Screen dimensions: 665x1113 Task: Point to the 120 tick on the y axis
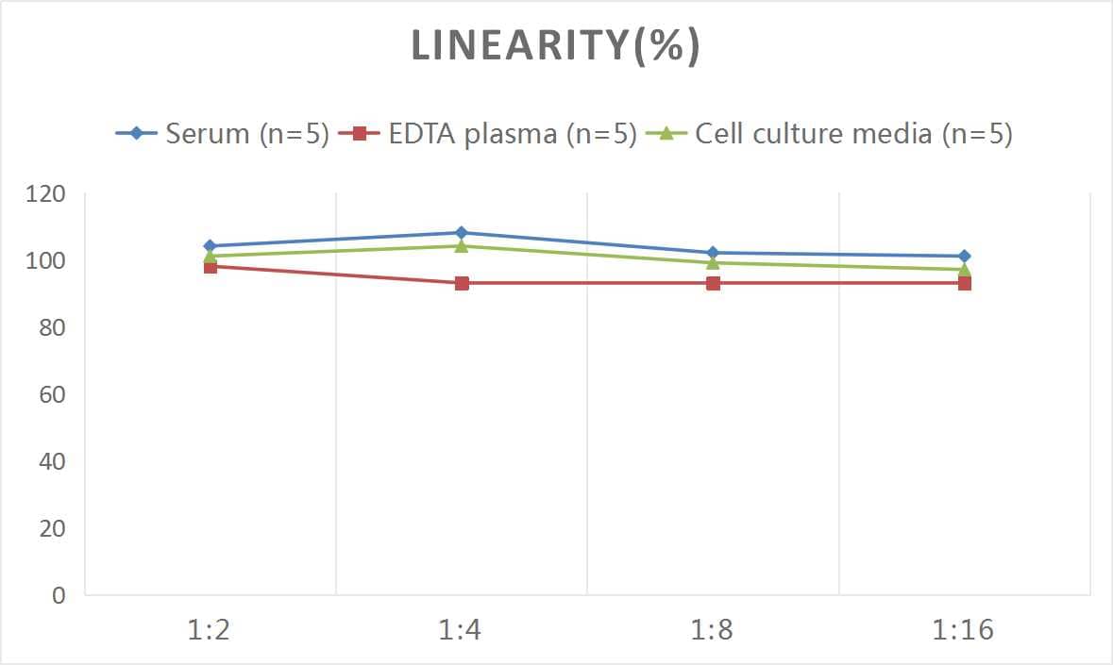coord(46,194)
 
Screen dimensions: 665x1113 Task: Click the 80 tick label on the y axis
coord(52,327)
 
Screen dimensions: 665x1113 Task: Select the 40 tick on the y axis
coord(52,461)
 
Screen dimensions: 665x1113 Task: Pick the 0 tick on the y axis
coord(59,595)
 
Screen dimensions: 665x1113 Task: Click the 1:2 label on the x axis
coord(210,630)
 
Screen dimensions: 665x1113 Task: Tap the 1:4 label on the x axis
coord(461,630)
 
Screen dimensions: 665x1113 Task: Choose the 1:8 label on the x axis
coord(713,630)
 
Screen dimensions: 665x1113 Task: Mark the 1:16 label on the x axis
coord(964,630)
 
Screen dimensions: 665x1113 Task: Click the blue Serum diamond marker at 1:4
coord(462,232)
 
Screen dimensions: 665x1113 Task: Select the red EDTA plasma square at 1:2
coord(211,267)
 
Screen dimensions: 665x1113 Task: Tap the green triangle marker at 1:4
coord(462,245)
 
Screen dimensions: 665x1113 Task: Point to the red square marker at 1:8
coord(714,283)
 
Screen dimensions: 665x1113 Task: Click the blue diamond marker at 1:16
coord(965,256)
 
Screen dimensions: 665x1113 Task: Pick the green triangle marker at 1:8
coord(714,262)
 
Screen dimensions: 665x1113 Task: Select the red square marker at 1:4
coord(462,283)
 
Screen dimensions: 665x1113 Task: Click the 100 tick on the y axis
coord(46,260)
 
